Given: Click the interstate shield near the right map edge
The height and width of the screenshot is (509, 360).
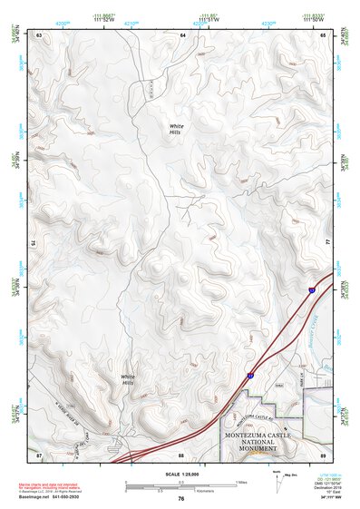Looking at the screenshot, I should tap(311, 289).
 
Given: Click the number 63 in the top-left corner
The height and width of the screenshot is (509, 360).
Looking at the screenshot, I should tap(39, 34).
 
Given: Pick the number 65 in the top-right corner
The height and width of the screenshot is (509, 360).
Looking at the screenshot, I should tap(324, 34).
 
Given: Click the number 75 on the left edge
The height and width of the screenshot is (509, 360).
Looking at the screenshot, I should tap(34, 244).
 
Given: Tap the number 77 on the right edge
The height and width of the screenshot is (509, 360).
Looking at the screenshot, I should tap(327, 244).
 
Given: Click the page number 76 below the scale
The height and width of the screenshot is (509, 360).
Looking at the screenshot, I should tap(181, 498).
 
